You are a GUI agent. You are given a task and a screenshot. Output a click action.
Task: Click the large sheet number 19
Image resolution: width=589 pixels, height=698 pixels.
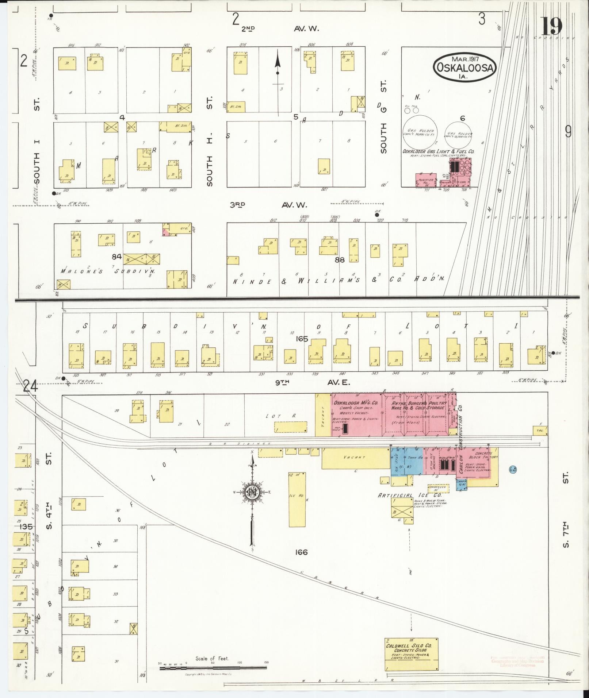[x=551, y=26]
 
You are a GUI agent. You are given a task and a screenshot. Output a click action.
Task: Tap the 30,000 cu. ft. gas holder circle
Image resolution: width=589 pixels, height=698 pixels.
[x=421, y=132]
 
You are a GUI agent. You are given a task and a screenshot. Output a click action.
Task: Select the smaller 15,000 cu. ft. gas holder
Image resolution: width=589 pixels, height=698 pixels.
[x=459, y=134]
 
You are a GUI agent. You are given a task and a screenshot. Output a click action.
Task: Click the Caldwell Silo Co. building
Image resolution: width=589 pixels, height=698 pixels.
[x=411, y=654]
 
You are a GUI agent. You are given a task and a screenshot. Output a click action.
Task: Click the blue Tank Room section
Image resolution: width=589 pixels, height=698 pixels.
[x=414, y=460]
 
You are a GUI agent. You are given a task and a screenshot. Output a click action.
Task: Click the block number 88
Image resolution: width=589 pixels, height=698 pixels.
[x=340, y=260]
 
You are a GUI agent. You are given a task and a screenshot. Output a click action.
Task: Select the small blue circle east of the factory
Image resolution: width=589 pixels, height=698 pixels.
[x=512, y=470]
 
